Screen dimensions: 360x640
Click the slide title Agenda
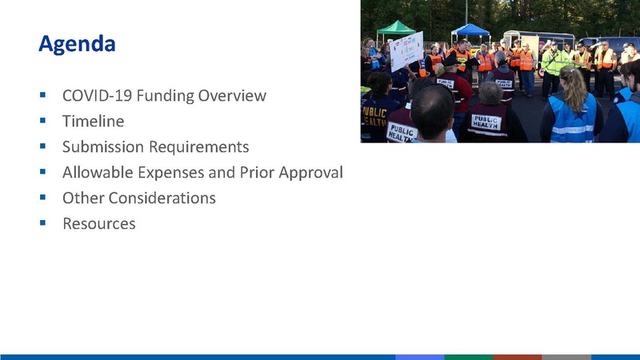(77, 43)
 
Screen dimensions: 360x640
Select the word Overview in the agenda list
(232, 96)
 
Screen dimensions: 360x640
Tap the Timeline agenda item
(93, 122)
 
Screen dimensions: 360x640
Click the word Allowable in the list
(97, 173)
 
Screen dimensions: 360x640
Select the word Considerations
(166, 198)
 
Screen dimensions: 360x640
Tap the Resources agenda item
(98, 223)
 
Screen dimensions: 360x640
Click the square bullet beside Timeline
(42, 121)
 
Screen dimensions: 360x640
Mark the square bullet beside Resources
(42, 222)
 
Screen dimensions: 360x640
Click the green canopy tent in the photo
(396, 30)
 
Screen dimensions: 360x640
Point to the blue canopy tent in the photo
(470, 31)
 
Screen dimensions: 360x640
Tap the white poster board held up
(406, 50)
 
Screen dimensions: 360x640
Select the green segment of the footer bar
(468, 357)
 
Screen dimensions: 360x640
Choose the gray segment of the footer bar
(566, 357)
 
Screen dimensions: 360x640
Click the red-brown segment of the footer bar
(517, 357)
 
